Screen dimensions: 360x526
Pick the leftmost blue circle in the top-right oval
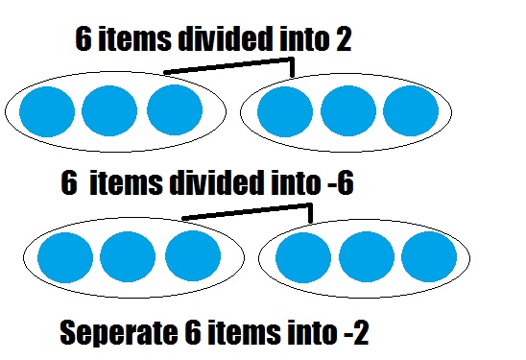pyautogui.click(x=285, y=111)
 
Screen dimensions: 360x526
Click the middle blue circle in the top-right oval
pyautogui.click(x=347, y=111)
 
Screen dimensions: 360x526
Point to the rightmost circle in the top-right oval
pyautogui.click(x=410, y=111)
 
